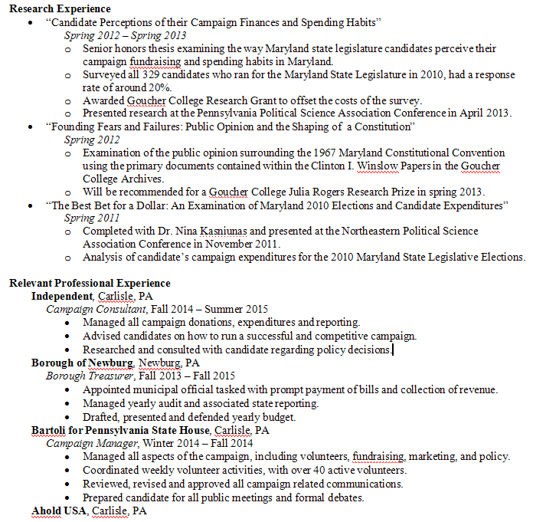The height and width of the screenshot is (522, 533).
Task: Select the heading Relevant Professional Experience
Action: (x=90, y=284)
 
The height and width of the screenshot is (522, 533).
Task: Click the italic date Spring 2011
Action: (x=90, y=218)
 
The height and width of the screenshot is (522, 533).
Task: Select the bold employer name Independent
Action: (x=62, y=297)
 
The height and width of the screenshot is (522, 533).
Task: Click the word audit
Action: (x=175, y=403)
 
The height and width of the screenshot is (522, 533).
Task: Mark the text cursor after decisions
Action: (x=393, y=350)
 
